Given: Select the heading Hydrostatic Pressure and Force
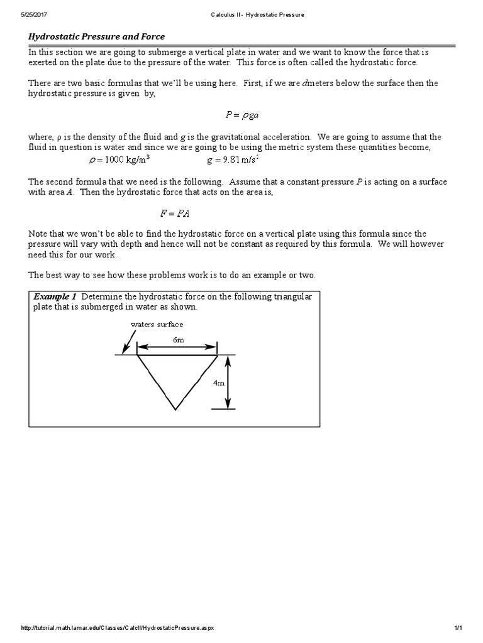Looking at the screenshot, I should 97,36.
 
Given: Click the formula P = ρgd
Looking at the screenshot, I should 242,114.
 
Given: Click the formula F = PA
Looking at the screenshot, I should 175,213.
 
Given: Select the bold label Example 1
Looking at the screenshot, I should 55,296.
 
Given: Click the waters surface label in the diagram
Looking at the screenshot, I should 157,325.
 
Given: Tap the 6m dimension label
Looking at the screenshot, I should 178,340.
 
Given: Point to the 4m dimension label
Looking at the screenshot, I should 218,382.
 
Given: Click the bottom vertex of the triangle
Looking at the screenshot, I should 176,410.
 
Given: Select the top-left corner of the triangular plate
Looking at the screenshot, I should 137,355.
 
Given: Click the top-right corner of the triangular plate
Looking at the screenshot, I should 217,355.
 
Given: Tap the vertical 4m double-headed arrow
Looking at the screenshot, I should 228,382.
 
